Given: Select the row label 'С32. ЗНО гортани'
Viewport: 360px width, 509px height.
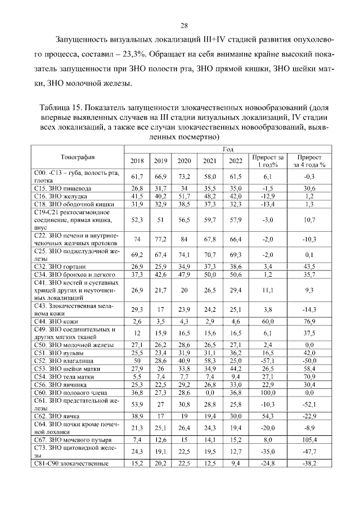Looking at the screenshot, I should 58,265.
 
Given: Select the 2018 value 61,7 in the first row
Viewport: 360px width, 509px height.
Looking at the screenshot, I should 137,176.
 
